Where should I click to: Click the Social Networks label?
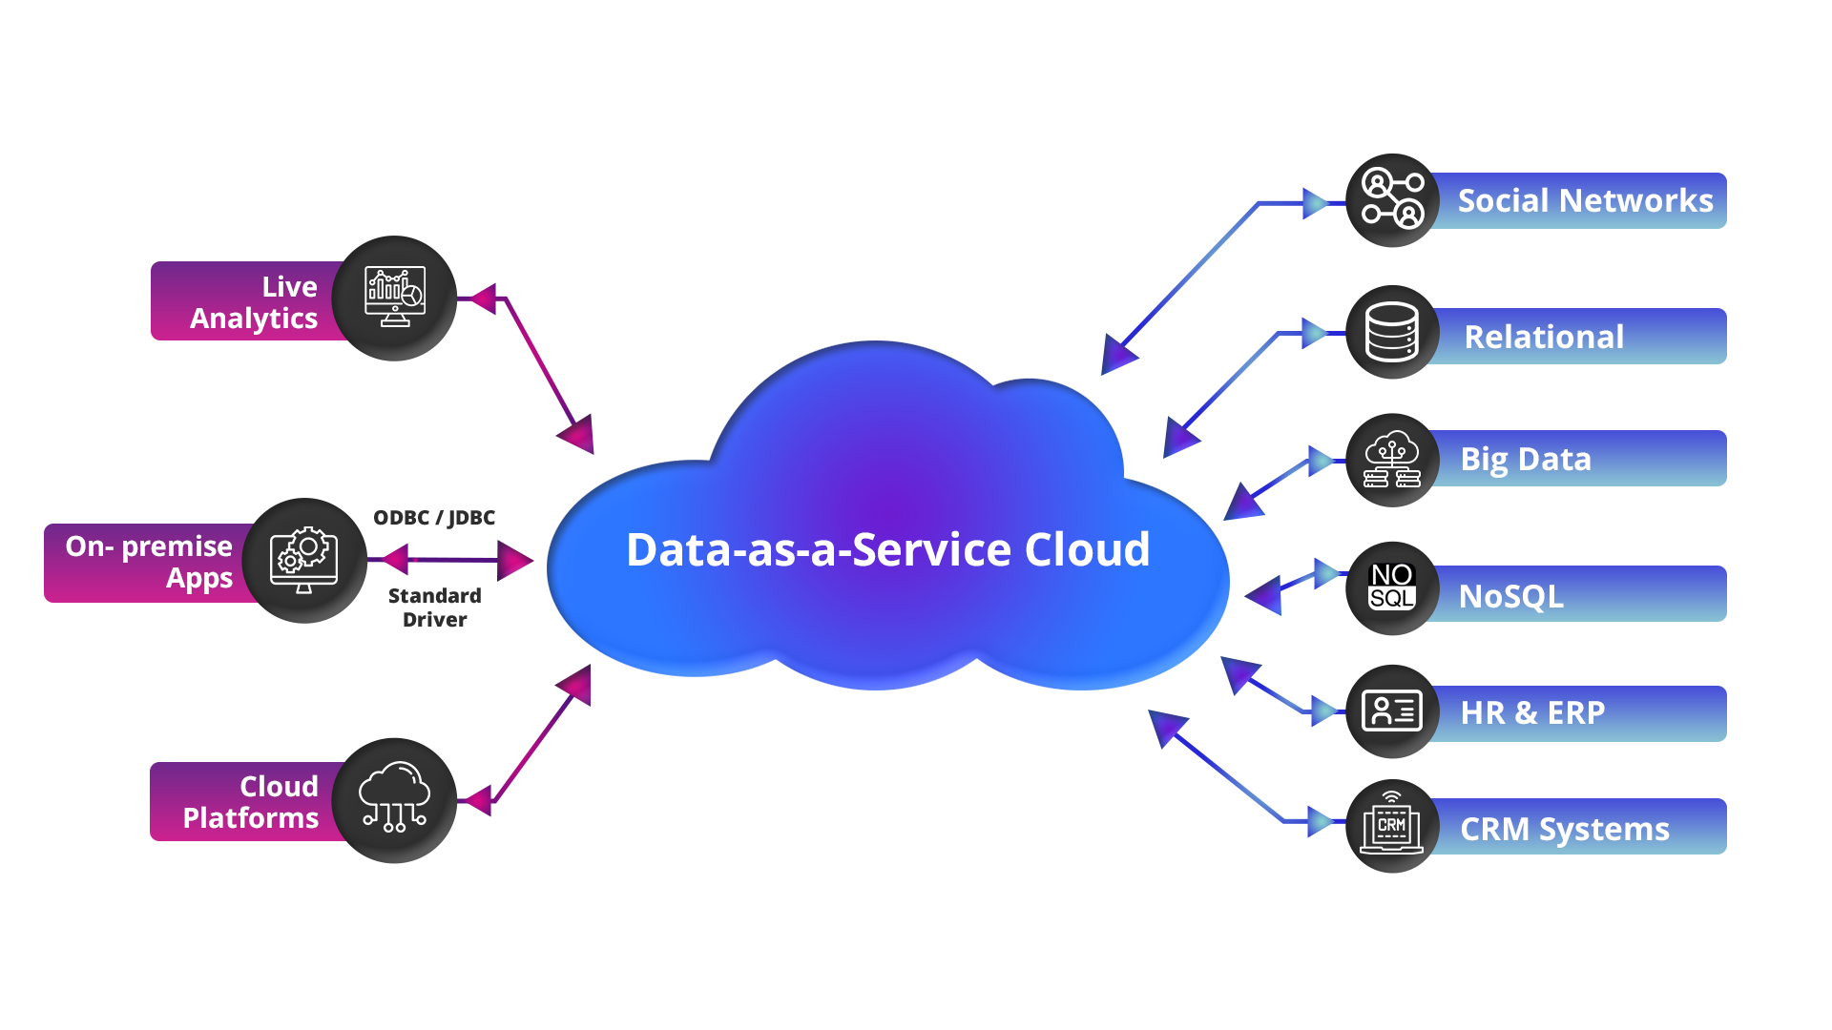[1585, 201]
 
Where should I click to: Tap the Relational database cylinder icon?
[1392, 332]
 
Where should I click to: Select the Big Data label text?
[1526, 460]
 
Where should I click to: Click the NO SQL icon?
[1392, 587]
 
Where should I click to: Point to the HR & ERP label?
[1532, 713]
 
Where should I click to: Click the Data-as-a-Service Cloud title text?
[887, 550]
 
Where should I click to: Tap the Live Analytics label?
[254, 302]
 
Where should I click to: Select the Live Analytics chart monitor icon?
[395, 297]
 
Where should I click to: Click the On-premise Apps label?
[150, 562]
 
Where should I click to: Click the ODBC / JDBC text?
[435, 518]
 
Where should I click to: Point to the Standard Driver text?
[435, 608]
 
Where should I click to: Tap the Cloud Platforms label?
[251, 802]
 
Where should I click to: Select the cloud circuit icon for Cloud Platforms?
[394, 797]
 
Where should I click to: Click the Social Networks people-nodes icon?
[1392, 198]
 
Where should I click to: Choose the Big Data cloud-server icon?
[1392, 460]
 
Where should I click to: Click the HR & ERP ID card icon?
[1392, 711]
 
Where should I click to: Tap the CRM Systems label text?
[1564, 830]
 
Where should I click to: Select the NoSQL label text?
[1510, 597]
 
